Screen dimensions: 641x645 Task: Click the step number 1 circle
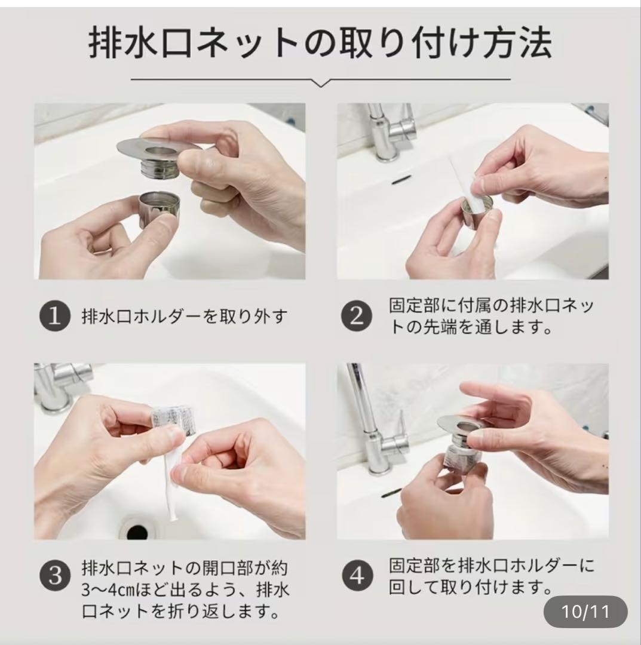(x=55, y=316)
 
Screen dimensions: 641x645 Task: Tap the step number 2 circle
(x=357, y=316)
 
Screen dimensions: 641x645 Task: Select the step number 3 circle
(x=55, y=576)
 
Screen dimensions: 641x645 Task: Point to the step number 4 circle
(x=357, y=576)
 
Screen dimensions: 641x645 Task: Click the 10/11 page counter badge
(x=585, y=612)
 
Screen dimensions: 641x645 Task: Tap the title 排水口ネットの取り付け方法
(x=320, y=42)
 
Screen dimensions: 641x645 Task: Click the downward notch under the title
(x=321, y=84)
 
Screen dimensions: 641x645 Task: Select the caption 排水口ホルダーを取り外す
(x=185, y=317)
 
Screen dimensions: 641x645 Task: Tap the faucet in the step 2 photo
(x=391, y=131)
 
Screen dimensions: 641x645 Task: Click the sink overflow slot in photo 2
(x=401, y=180)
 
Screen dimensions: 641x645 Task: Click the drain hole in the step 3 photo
(x=137, y=531)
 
